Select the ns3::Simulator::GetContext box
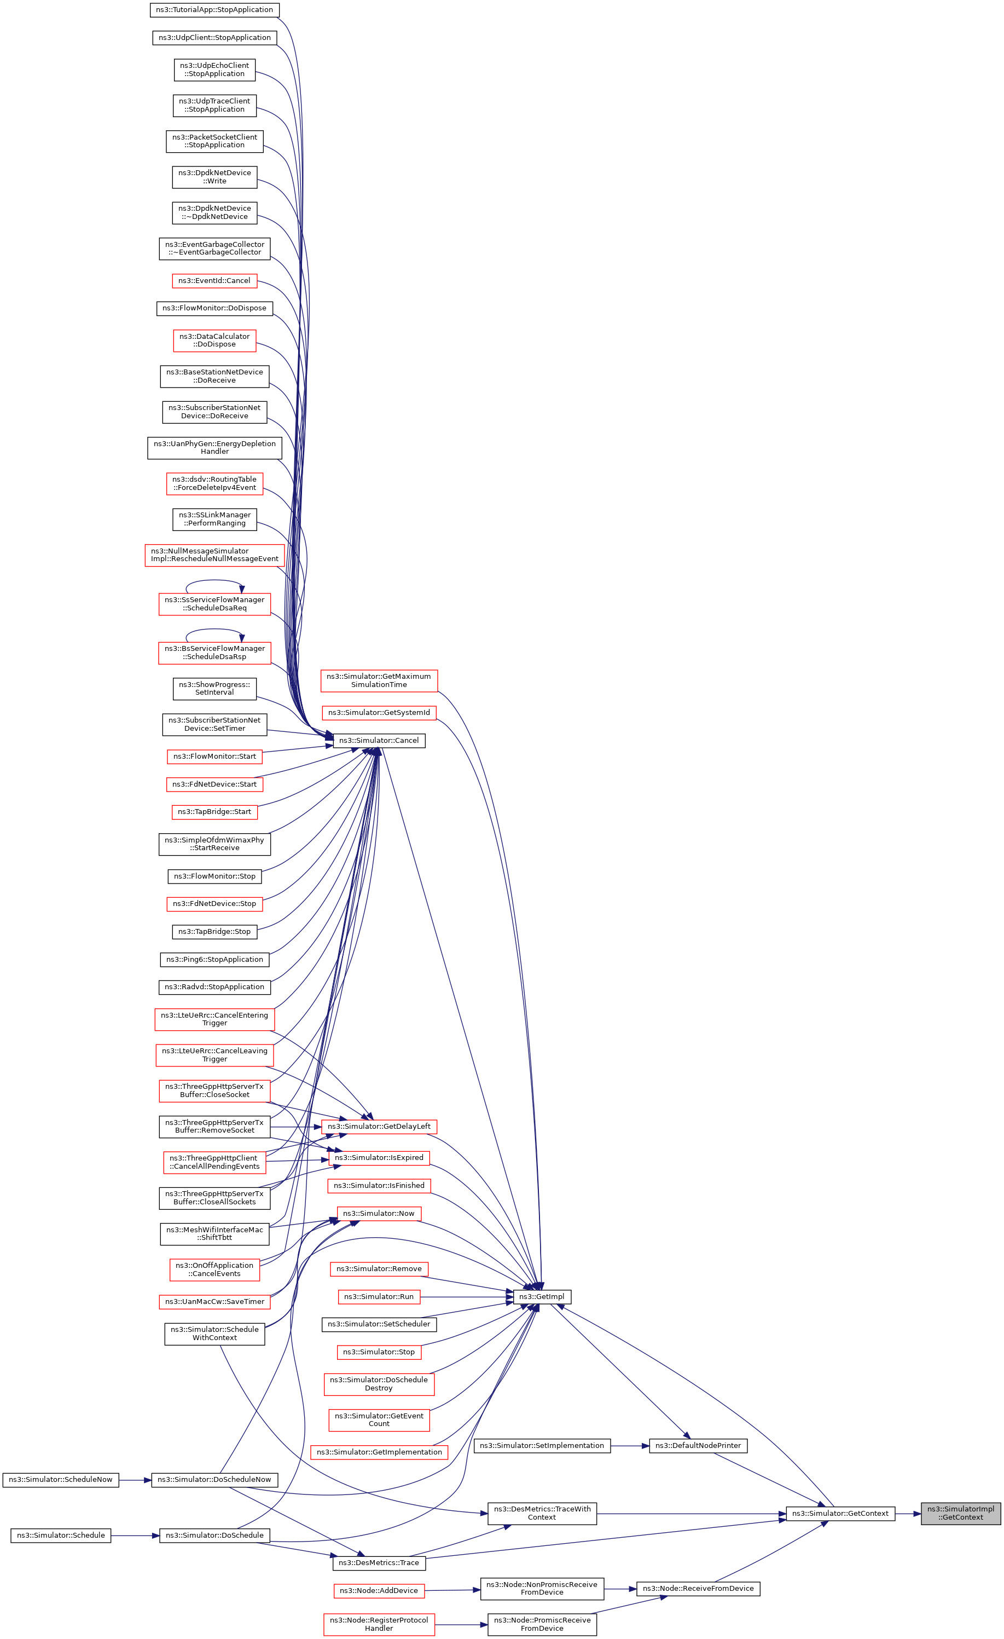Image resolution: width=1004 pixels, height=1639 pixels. point(840,1513)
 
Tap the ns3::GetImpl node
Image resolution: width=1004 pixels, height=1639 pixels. point(541,1296)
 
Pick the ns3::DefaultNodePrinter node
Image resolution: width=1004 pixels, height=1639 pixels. point(698,1445)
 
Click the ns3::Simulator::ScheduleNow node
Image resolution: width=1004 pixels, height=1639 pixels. point(61,1479)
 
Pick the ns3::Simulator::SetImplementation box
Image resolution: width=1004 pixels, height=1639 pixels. point(541,1445)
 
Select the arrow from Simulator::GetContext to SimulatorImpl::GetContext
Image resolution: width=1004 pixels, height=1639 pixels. point(908,1513)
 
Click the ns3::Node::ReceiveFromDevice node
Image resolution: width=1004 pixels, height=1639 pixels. point(698,1589)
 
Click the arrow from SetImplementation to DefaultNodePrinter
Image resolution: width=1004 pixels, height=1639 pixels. point(630,1445)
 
